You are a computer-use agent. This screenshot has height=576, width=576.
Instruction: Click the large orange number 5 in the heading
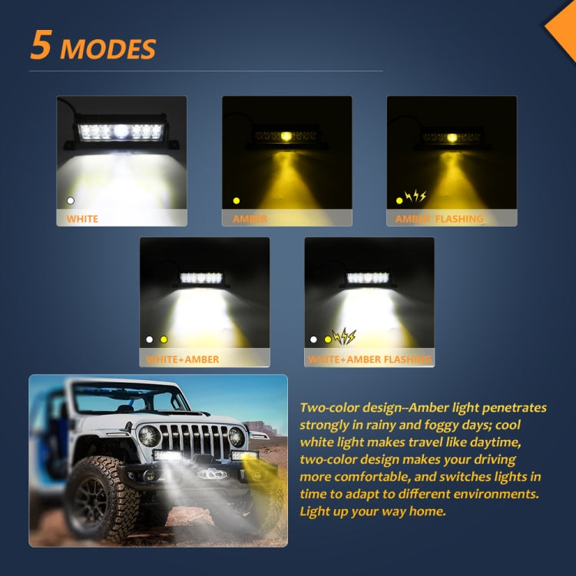pos(41,45)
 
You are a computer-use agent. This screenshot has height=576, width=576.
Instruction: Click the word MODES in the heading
pos(108,49)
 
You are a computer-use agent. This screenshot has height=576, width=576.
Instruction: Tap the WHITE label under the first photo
pos(82,219)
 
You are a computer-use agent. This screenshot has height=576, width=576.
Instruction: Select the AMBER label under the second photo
pos(250,219)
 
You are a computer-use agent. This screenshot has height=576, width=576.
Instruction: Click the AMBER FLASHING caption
pos(439,219)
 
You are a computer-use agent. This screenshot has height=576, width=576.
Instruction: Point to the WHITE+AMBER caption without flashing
pos(183,359)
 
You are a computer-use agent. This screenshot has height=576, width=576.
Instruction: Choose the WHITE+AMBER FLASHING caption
pos(369,359)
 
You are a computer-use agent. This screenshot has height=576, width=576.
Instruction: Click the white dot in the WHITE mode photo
pos(71,200)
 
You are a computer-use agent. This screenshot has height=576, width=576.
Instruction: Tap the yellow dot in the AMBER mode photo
pos(237,200)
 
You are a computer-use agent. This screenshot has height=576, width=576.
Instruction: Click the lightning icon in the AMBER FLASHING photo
pos(416,197)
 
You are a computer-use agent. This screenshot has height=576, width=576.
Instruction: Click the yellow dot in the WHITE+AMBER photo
pos(164,339)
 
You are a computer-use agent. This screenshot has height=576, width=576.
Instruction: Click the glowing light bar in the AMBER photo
pos(286,137)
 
